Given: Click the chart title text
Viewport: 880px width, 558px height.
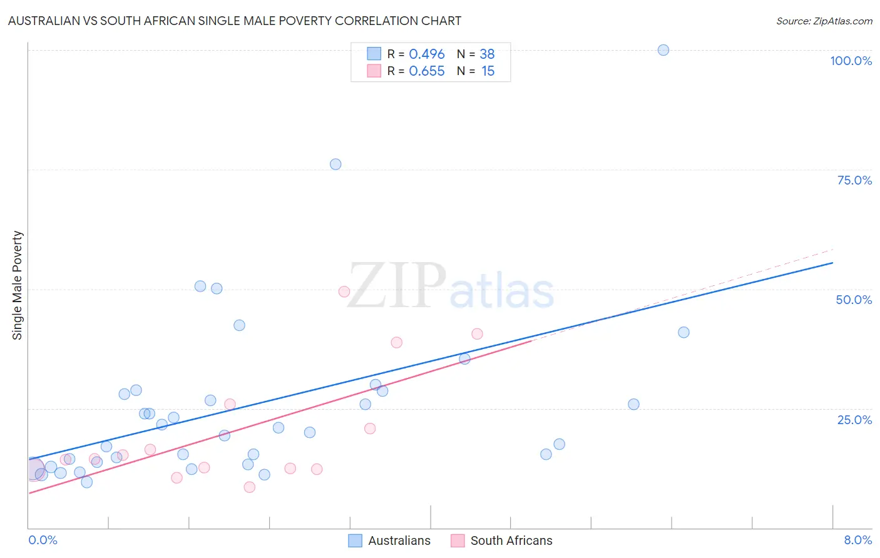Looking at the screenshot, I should [235, 21].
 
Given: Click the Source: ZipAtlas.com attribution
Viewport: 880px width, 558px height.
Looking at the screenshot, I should [824, 21].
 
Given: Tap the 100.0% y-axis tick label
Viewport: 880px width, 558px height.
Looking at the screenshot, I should [851, 61].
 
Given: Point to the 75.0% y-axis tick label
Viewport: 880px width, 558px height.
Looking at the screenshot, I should [854, 180].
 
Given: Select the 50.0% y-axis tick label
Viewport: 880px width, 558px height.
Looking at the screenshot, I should [854, 300].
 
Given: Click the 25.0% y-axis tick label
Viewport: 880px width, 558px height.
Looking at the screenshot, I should [854, 419].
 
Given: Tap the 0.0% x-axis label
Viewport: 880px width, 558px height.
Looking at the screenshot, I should [43, 540].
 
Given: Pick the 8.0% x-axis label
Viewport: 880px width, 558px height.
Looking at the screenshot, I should [857, 540].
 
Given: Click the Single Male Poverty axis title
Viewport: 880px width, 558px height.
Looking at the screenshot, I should [18, 285].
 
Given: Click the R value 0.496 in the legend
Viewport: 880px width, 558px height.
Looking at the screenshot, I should [426, 54].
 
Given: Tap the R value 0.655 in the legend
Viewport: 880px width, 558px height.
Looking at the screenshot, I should [426, 71].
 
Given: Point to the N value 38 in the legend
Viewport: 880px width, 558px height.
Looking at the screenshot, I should [487, 54].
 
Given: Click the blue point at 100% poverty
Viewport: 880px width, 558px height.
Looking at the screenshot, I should [663, 50].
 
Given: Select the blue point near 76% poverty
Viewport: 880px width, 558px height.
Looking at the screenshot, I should [335, 165].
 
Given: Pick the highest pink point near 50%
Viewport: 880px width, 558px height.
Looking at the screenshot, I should [344, 292].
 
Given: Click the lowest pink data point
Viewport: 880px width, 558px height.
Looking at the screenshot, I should [250, 487].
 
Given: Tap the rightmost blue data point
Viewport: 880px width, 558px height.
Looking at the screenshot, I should [683, 332].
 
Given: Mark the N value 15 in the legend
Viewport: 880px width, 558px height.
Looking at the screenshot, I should [488, 71].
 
